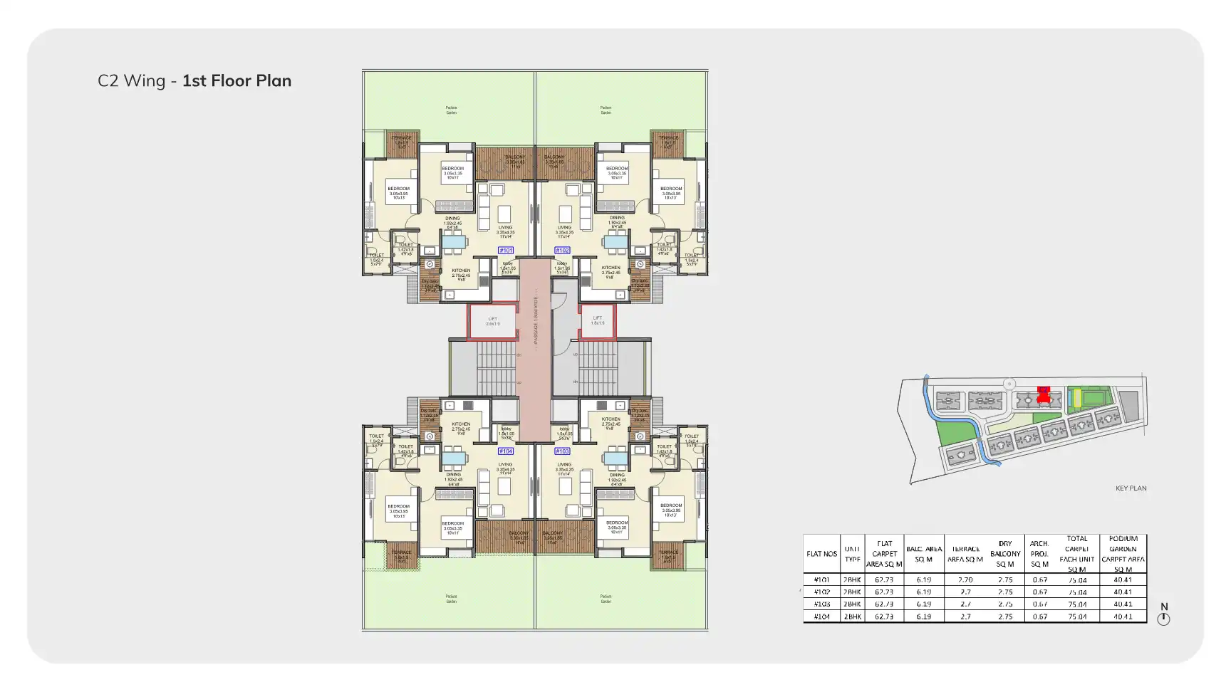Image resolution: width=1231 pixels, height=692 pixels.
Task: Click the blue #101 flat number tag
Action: pyautogui.click(x=506, y=251)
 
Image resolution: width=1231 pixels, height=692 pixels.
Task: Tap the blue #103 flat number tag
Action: pyautogui.click(x=562, y=451)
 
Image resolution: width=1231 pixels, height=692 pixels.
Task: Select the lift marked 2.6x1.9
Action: pyautogui.click(x=492, y=321)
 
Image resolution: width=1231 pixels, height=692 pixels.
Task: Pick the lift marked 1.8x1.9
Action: pyautogui.click(x=597, y=320)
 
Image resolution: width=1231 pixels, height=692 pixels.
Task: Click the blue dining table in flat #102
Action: pyautogui.click(x=615, y=242)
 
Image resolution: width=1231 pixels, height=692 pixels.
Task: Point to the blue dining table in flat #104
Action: pyautogui.click(x=453, y=458)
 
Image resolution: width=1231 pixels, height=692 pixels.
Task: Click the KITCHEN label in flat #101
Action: pyautogui.click(x=461, y=271)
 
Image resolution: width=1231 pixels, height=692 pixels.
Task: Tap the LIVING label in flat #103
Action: pyautogui.click(x=564, y=464)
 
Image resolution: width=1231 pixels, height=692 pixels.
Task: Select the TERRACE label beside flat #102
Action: pyautogui.click(x=668, y=138)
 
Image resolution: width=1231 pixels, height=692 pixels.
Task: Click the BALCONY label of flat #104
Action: pyautogui.click(x=519, y=533)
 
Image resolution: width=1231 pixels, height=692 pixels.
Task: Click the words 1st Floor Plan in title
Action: pyautogui.click(x=237, y=81)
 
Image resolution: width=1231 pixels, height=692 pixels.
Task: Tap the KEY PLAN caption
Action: pyautogui.click(x=1131, y=488)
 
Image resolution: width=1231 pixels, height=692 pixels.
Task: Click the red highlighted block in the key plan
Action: pyautogui.click(x=1044, y=395)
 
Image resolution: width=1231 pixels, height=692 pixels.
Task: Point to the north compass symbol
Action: pyautogui.click(x=1163, y=619)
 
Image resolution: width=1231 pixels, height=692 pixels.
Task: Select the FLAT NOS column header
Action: pyautogui.click(x=821, y=554)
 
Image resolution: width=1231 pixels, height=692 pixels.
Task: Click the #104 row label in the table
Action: pyautogui.click(x=821, y=617)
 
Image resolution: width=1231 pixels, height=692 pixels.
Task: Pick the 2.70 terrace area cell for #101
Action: pyautogui.click(x=965, y=580)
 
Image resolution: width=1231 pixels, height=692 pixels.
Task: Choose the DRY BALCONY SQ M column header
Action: pyautogui.click(x=1004, y=554)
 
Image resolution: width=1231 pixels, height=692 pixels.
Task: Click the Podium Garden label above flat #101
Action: pyautogui.click(x=451, y=110)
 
